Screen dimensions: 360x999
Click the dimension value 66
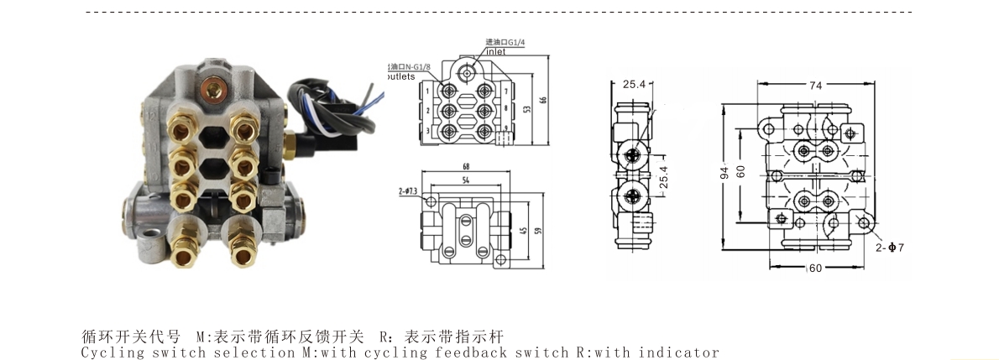click(x=543, y=100)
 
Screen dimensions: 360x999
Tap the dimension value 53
click(x=527, y=109)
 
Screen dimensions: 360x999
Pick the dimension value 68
click(x=466, y=166)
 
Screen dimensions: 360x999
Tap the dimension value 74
click(x=814, y=85)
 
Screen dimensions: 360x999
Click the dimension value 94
click(x=724, y=173)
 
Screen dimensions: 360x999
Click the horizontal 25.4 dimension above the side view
click(x=634, y=85)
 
